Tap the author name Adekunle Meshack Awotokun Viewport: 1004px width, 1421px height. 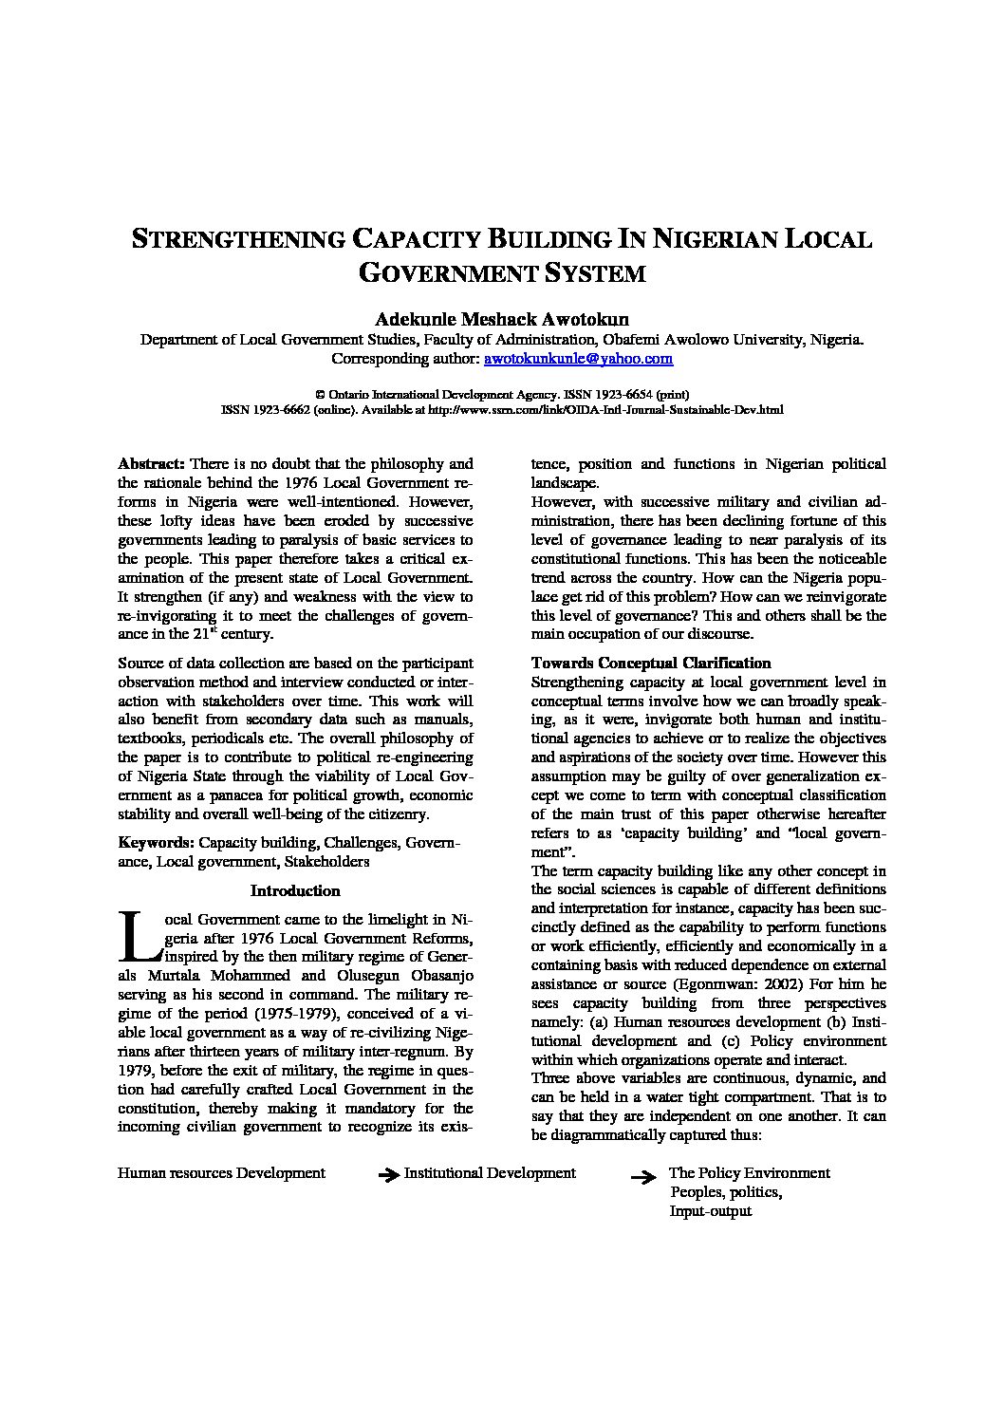[502, 319]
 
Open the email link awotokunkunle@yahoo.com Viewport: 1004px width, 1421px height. [578, 359]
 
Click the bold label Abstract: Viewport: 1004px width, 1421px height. [151, 464]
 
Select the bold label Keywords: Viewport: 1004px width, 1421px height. [157, 843]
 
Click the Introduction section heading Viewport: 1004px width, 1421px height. [295, 890]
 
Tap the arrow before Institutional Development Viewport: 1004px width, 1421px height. [388, 1175]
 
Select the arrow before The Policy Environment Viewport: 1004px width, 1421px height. [644, 1178]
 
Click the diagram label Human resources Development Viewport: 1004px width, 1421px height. [221, 1172]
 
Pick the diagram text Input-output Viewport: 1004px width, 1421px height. [710, 1211]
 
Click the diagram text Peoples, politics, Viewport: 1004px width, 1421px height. [726, 1192]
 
